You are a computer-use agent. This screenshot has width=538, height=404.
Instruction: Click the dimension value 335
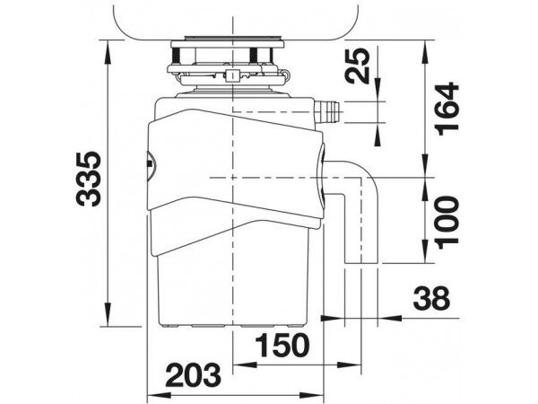88,179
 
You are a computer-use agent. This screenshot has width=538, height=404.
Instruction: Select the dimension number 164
447,109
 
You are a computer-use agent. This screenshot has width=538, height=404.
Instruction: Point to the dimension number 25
359,66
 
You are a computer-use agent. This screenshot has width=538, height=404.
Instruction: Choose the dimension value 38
431,298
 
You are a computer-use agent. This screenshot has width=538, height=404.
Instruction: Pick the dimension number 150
282,345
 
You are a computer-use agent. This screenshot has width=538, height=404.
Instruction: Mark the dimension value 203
193,375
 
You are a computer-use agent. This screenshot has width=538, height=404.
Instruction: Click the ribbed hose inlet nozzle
327,112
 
